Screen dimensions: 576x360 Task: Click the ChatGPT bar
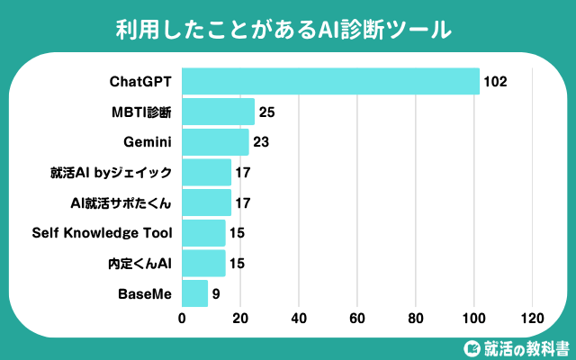tap(330, 81)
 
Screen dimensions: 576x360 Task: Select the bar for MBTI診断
tap(218, 112)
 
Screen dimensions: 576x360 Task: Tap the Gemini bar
tap(215, 142)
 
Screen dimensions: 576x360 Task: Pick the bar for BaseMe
tap(194, 293)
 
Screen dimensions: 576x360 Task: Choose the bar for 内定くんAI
tap(203, 264)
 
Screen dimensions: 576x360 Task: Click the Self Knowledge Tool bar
tap(203, 233)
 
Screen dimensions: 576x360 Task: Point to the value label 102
tap(495, 82)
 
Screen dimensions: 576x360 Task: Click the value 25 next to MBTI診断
tap(266, 112)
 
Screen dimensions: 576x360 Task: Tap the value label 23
tap(261, 142)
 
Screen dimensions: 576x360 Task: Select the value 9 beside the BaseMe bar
tap(216, 294)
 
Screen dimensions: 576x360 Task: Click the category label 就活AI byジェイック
tap(111, 173)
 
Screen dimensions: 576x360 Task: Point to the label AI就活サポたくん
tap(121, 202)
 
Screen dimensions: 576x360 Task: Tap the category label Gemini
tap(148, 142)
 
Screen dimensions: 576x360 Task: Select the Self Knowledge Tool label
tap(102, 233)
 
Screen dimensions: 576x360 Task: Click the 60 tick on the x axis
tap(357, 318)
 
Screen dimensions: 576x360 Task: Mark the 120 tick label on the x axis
tap(532, 318)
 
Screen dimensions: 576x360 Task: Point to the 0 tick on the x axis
tap(182, 318)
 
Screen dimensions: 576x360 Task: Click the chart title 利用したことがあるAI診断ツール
tap(283, 30)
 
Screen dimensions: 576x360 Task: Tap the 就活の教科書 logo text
tap(526, 348)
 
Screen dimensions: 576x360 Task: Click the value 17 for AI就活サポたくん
tap(243, 203)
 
